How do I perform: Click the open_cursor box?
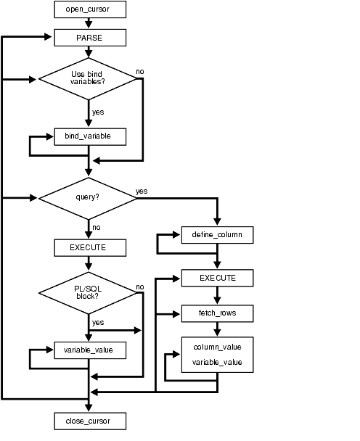(x=90, y=9)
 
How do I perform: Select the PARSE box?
(x=90, y=36)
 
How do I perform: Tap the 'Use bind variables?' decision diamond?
(x=89, y=77)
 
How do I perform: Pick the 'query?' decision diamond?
(x=89, y=197)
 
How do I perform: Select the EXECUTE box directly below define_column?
(x=217, y=278)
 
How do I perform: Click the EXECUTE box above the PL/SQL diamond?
(x=90, y=247)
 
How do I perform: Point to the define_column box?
(x=217, y=235)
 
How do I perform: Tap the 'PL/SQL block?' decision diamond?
(x=89, y=293)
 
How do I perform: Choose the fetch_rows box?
(x=217, y=313)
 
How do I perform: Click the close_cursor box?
(x=90, y=420)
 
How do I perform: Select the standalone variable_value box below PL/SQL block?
(x=90, y=350)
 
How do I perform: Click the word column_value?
(x=217, y=347)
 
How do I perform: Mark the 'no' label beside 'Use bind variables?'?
(x=140, y=72)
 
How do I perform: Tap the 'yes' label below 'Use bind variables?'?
(x=98, y=112)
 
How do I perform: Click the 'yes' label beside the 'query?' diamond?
(x=142, y=191)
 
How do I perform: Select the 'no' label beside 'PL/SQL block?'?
(x=140, y=287)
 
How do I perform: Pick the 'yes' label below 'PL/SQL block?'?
(x=98, y=321)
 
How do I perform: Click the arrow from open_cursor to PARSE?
(x=89, y=23)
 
